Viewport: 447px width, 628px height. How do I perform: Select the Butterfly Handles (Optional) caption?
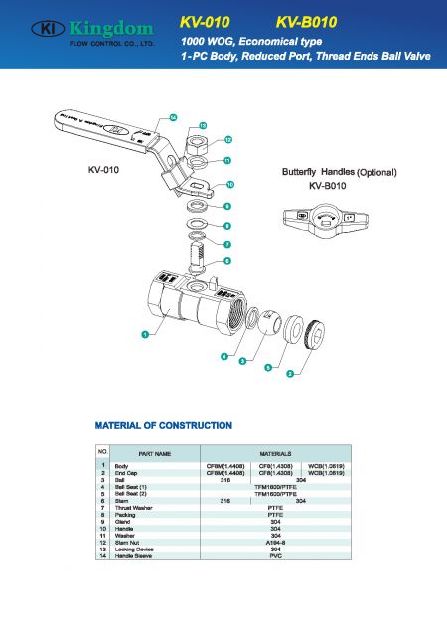(x=340, y=172)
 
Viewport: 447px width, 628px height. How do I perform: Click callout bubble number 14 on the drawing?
(x=173, y=118)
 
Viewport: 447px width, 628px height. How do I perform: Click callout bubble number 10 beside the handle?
(x=230, y=185)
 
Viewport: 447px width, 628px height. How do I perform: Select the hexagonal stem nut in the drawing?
(x=197, y=145)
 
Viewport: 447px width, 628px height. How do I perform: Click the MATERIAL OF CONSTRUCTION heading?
(x=163, y=425)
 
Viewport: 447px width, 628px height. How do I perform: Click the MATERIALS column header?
(x=274, y=454)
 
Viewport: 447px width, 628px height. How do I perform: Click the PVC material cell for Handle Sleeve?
(x=275, y=556)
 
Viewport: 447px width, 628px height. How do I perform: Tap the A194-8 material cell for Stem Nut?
(x=275, y=542)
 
